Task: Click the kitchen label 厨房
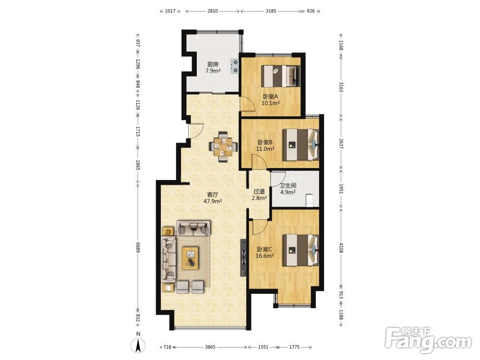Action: pyautogui.click(x=213, y=64)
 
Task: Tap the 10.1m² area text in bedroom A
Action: pyautogui.click(x=271, y=103)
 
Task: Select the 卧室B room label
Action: pyautogui.click(x=265, y=143)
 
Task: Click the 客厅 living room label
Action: pyautogui.click(x=213, y=195)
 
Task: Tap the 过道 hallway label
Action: pyautogui.click(x=259, y=192)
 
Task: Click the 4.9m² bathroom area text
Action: pyautogui.click(x=288, y=192)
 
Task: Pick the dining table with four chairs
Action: pyautogui.click(x=223, y=146)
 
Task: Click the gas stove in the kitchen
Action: pyautogui.click(x=235, y=66)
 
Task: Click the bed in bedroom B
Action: pyautogui.click(x=300, y=145)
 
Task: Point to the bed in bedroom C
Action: pyautogui.click(x=300, y=250)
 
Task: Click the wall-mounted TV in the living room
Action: pyautogui.click(x=243, y=257)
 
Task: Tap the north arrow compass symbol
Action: pyautogui.click(x=138, y=346)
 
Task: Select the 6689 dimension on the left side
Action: pyautogui.click(x=138, y=245)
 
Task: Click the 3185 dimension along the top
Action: pyautogui.click(x=271, y=11)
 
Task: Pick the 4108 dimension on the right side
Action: pyautogui.click(x=341, y=247)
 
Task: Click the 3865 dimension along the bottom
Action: pyautogui.click(x=210, y=347)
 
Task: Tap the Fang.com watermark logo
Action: pyautogui.click(x=428, y=340)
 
